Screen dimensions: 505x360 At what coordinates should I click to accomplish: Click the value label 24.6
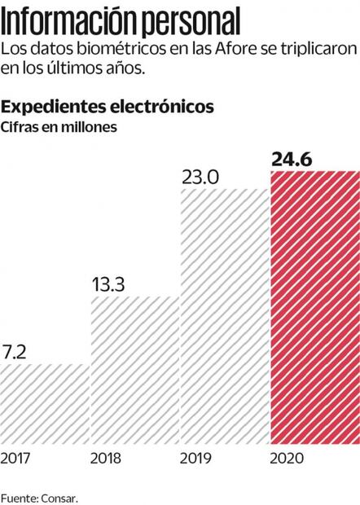[294, 159]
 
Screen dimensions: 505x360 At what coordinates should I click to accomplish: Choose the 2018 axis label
[107, 459]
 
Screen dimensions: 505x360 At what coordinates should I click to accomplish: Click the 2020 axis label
[288, 459]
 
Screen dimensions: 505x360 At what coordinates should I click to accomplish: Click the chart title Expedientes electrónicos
[108, 106]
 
